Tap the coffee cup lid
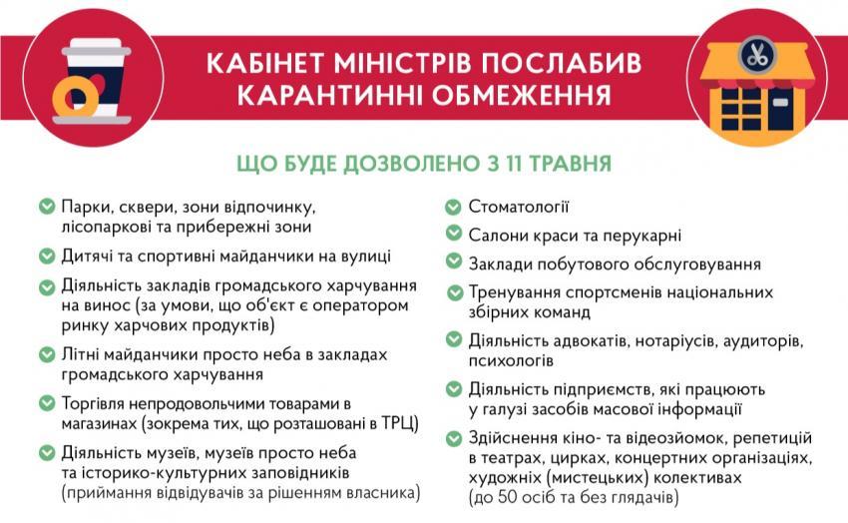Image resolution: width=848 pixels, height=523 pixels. point(96,48)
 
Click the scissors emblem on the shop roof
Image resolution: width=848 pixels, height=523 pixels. point(757,55)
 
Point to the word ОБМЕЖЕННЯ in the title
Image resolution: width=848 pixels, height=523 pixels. point(522,95)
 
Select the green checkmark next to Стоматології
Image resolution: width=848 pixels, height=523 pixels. point(453,207)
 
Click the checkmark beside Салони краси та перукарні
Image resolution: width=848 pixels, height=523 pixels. point(453,234)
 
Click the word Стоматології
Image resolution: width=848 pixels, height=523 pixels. point(519,207)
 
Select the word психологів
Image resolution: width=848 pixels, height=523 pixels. point(511,360)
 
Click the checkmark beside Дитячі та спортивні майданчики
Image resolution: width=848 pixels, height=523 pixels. point(47,256)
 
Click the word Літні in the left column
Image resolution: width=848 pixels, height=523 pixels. point(80,354)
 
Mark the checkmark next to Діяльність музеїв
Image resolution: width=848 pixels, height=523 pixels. point(47,452)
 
